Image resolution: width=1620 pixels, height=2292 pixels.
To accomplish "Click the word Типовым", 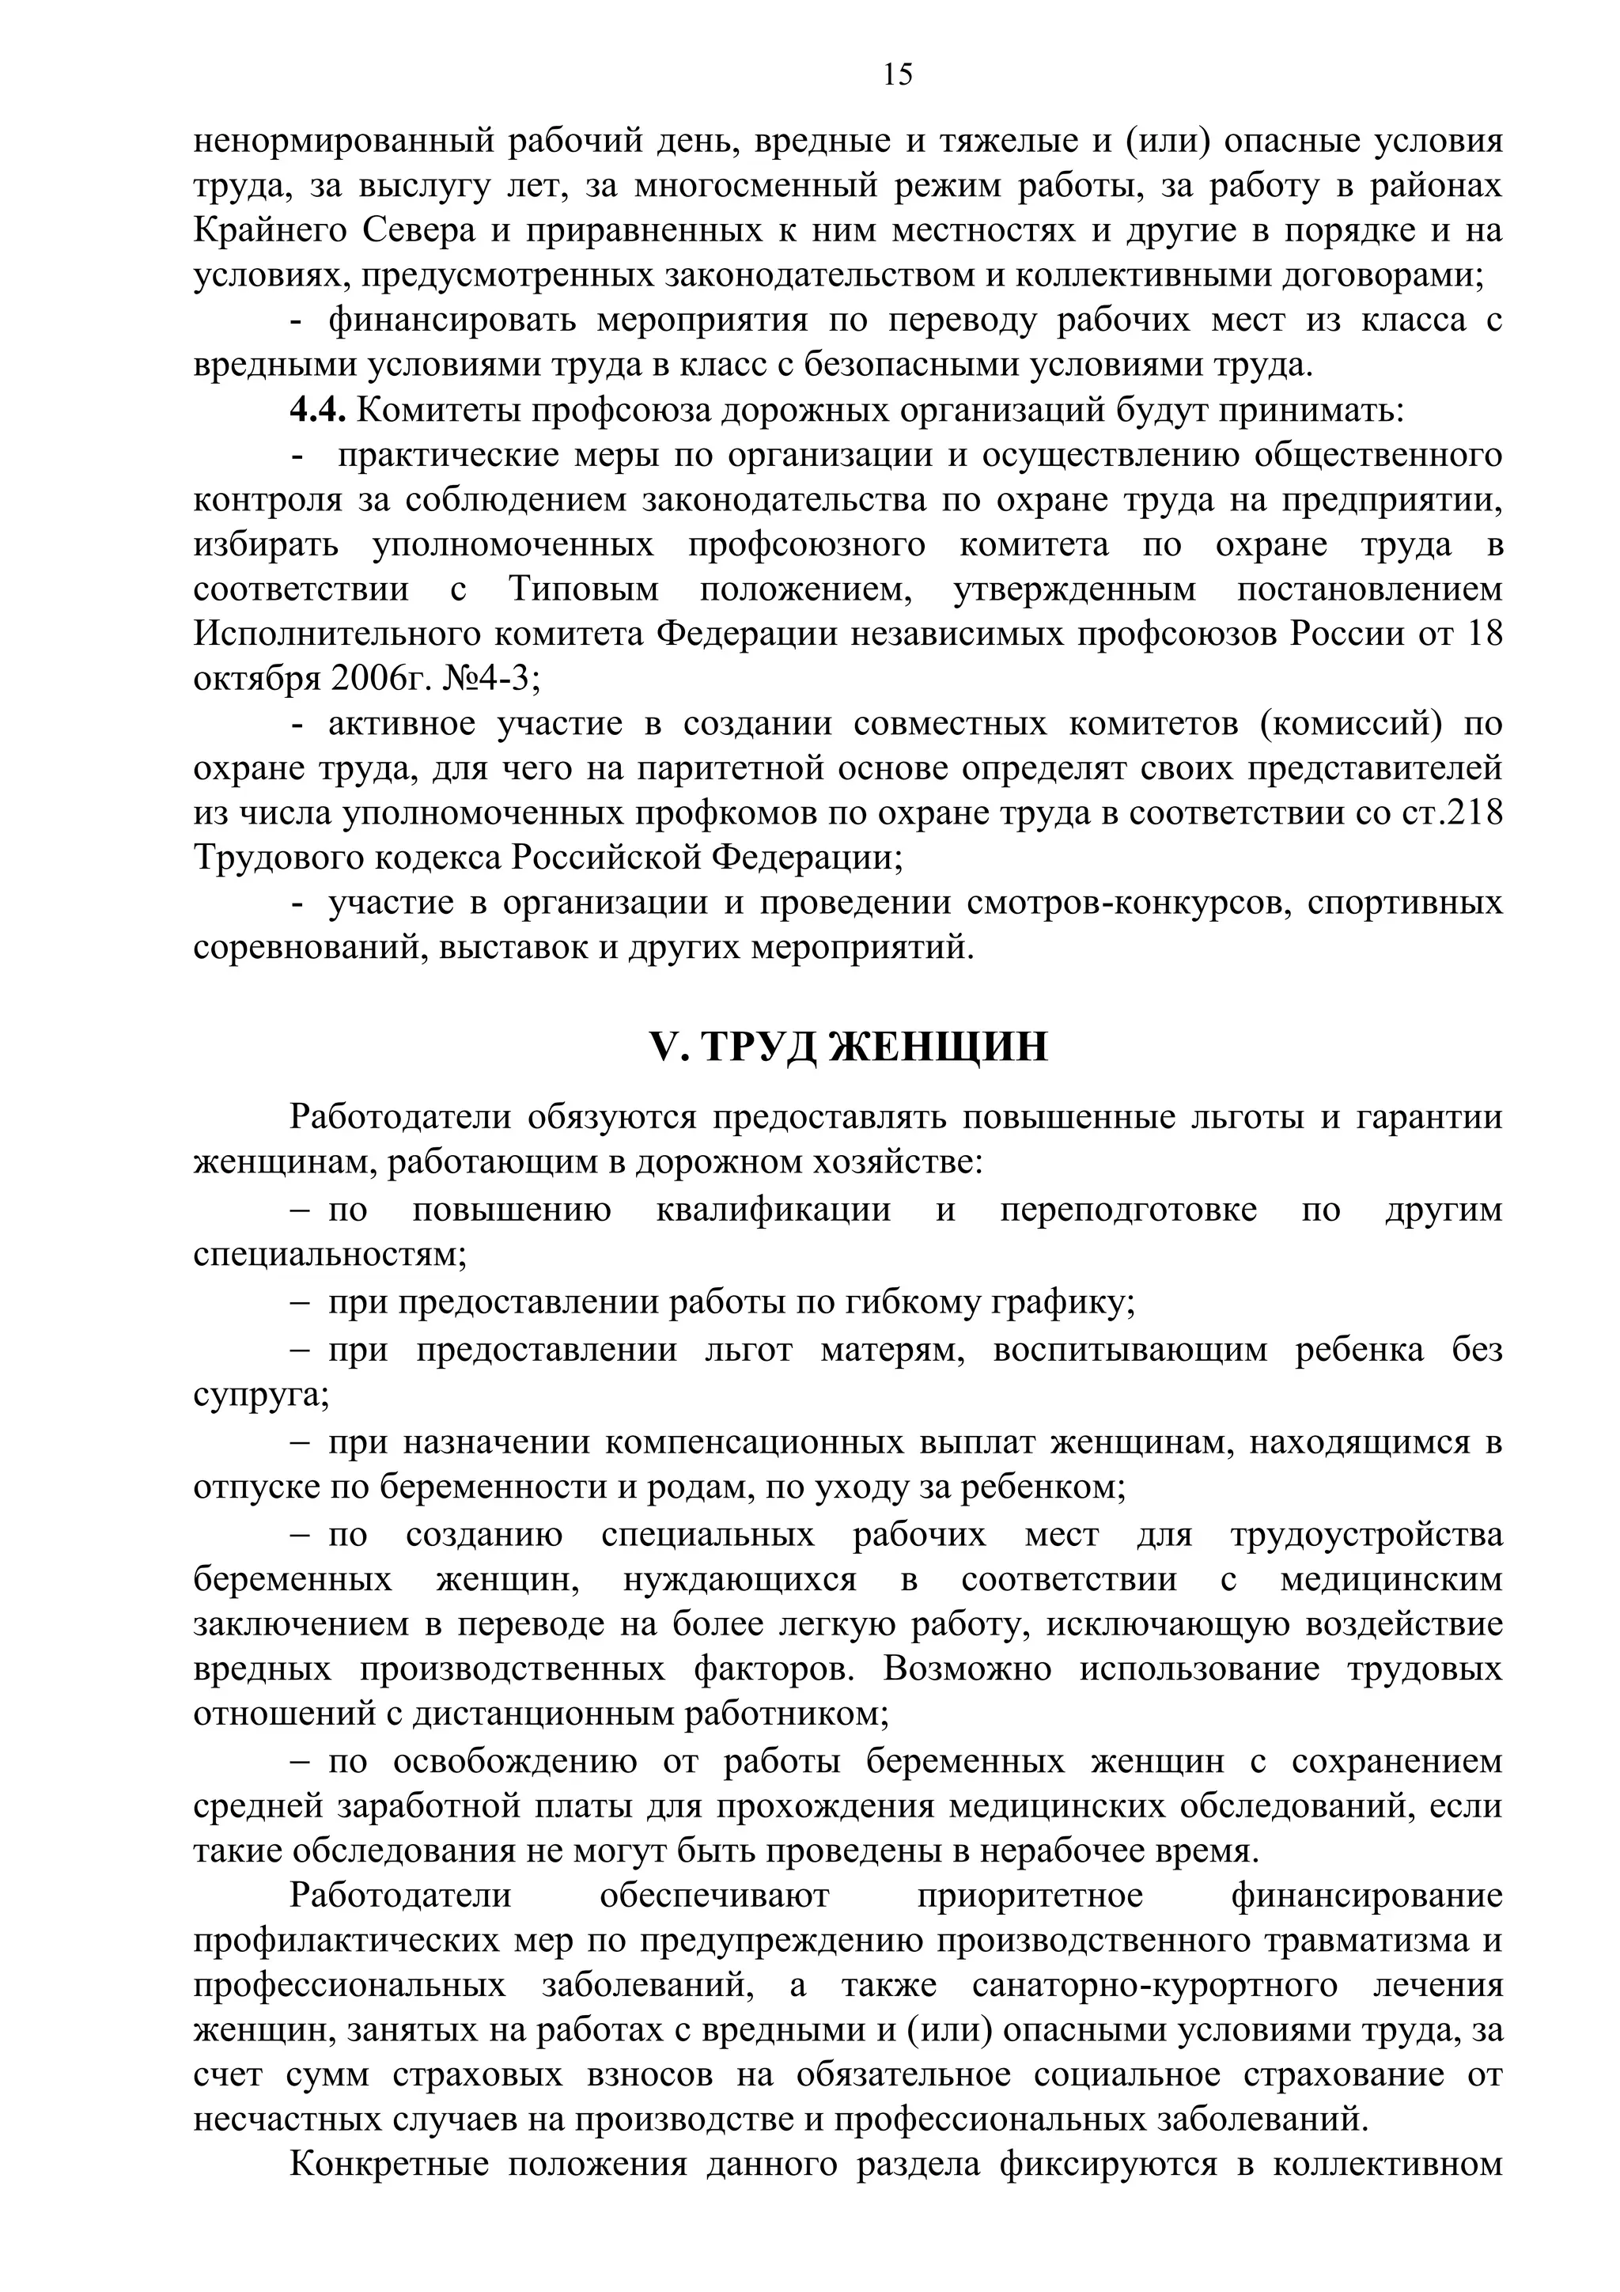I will pos(584,589).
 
